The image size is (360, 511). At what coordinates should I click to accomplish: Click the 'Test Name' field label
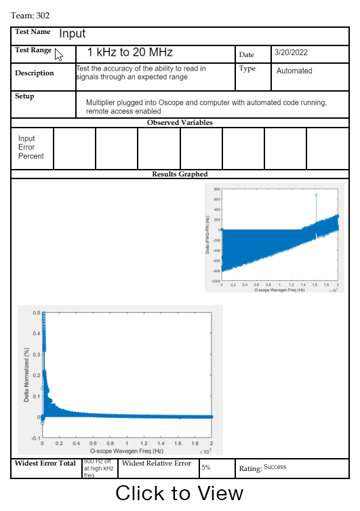click(33, 32)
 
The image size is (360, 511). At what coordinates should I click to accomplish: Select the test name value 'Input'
click(73, 33)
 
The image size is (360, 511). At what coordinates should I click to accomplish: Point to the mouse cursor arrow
click(59, 55)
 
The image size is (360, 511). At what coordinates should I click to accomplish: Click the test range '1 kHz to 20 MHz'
click(129, 52)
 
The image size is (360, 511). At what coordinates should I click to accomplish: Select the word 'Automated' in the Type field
click(294, 71)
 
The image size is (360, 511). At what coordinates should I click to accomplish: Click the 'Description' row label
click(35, 73)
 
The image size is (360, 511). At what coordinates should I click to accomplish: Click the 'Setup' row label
click(24, 96)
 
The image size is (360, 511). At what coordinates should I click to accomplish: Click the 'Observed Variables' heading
click(180, 123)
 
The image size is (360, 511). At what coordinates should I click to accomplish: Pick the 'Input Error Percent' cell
click(31, 147)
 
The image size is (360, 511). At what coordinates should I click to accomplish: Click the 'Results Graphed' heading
click(180, 174)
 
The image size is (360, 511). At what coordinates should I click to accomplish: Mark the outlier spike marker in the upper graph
click(316, 195)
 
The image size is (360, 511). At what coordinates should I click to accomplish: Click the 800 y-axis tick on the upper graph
click(217, 189)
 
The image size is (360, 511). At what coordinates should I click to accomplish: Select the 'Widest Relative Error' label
click(157, 463)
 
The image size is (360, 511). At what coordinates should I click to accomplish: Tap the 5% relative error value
click(206, 468)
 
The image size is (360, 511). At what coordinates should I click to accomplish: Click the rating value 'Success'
click(275, 467)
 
